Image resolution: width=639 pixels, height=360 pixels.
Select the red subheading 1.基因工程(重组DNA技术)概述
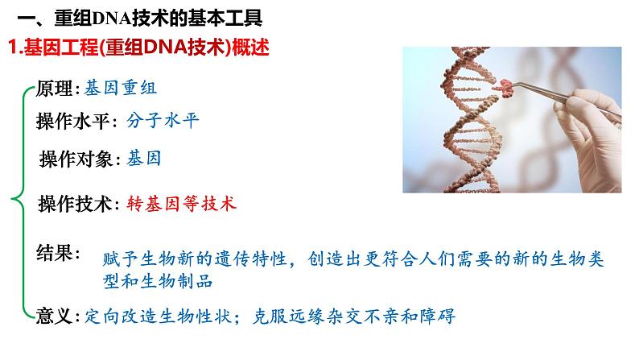(137, 48)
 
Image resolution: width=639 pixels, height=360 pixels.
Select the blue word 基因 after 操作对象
(143, 159)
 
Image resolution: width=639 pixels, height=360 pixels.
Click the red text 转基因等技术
(182, 203)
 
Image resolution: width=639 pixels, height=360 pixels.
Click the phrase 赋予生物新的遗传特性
(193, 260)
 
